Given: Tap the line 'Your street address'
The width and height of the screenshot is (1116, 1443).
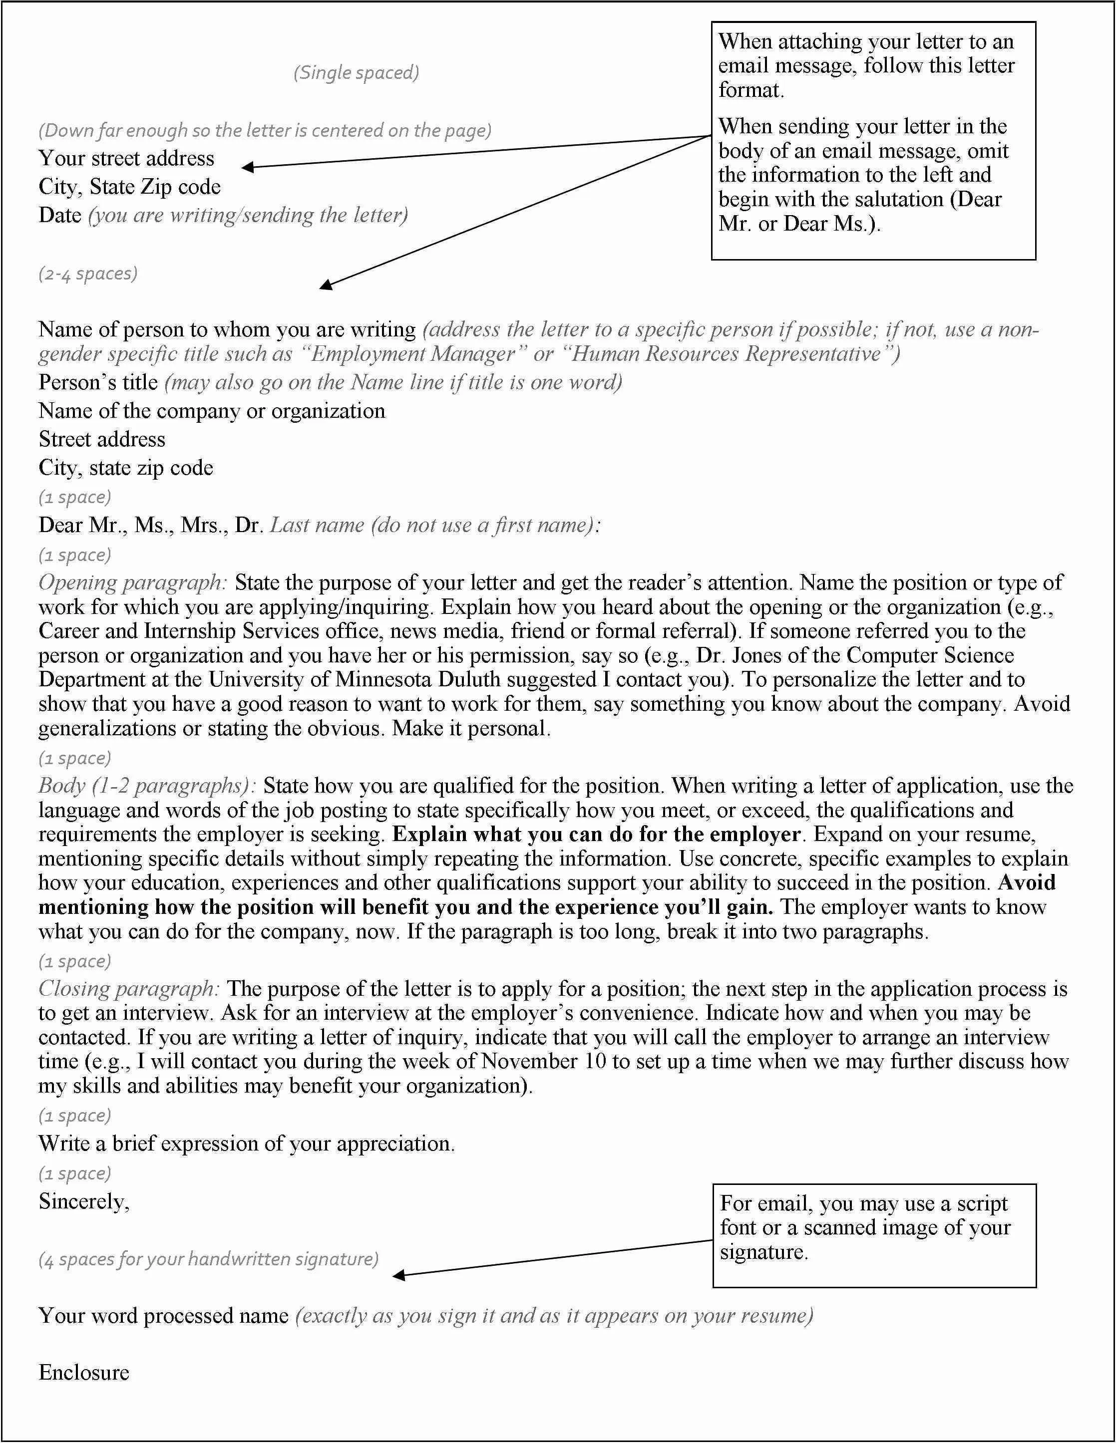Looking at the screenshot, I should [x=126, y=159].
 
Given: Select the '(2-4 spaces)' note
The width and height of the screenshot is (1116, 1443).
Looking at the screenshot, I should [x=88, y=273].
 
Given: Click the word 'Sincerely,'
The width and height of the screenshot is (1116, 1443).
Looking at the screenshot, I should [x=84, y=1201].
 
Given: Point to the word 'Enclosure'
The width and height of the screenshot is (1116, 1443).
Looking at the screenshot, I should [x=84, y=1373].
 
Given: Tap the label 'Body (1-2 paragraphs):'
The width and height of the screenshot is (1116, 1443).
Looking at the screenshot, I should [x=147, y=786].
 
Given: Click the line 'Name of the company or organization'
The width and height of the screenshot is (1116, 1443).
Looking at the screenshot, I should [x=212, y=411].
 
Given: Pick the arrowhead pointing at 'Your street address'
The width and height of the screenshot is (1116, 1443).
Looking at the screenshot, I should [x=247, y=168].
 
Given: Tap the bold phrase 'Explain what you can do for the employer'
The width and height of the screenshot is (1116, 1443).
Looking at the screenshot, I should [x=596, y=835].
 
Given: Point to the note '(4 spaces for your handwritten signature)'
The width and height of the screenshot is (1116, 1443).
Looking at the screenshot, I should [x=208, y=1259].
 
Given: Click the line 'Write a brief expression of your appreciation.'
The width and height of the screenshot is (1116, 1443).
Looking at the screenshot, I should [x=247, y=1144].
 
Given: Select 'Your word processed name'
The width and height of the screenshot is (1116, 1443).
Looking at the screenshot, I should [x=163, y=1316].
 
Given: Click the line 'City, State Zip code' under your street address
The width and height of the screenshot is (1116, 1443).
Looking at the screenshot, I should [x=130, y=187].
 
